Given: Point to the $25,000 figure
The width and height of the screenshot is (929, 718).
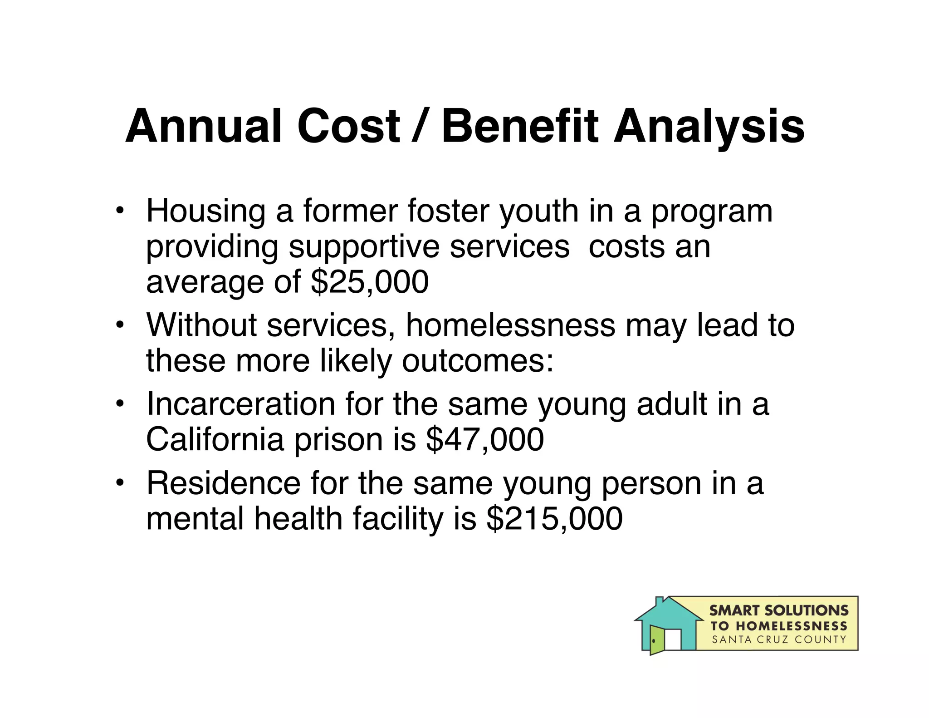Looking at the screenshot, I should click(369, 282).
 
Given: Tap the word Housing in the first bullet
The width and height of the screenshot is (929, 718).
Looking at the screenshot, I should click(205, 212).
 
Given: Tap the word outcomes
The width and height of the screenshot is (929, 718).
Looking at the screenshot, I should click(477, 361).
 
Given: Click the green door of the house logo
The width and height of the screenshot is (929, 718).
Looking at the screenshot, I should click(656, 640).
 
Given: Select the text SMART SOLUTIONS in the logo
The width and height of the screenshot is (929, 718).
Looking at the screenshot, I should click(778, 610).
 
